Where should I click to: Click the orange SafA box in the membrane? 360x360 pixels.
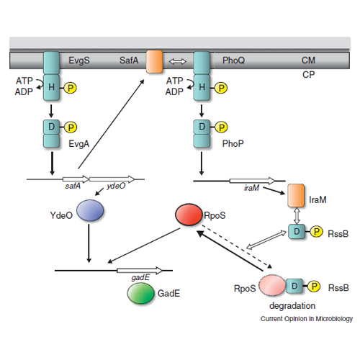tap(154, 61)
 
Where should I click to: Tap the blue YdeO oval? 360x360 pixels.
tap(90, 210)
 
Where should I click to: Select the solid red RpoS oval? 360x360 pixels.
tap(189, 215)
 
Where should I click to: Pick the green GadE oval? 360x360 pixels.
tap(140, 293)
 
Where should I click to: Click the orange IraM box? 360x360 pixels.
tap(296, 196)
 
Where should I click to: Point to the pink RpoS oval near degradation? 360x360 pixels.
tap(272, 285)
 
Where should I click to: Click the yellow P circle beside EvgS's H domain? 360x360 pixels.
tap(71, 88)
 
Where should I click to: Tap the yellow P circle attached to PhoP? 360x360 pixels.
tap(221, 127)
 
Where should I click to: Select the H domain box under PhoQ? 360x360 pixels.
tap(202, 87)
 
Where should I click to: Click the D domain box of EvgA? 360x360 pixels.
tap(51, 127)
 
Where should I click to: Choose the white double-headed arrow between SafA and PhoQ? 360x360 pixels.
tap(177, 61)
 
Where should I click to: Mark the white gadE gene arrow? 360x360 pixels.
tap(140, 271)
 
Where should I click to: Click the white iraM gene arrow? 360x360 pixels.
tap(253, 181)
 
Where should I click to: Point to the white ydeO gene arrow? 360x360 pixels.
tap(112, 179)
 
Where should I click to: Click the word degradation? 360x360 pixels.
tap(292, 306)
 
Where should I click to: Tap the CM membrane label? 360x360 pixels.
tap(308, 60)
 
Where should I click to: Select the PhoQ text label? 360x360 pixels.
tap(233, 60)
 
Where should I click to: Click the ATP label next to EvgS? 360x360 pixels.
tap(24, 81)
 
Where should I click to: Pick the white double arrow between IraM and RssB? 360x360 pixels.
tap(297, 215)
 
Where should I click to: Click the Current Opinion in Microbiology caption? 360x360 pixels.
tap(307, 319)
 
